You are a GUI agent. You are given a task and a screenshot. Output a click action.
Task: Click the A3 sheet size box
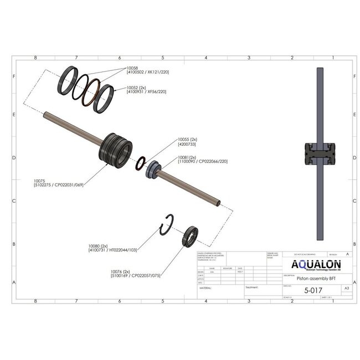[x=347, y=289]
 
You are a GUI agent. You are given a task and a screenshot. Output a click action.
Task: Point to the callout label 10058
[x=133, y=68]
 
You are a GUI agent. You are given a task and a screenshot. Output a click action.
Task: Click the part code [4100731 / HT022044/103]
[x=112, y=250]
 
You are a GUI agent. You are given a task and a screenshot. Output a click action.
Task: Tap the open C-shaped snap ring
[x=167, y=225]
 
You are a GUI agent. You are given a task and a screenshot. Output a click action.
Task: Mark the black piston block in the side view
[x=320, y=154]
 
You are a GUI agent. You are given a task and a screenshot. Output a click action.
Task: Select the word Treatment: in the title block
[x=252, y=287]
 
